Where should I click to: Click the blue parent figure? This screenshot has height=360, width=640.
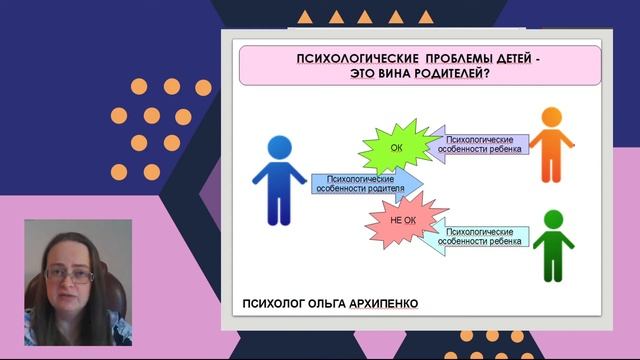pos(279,185)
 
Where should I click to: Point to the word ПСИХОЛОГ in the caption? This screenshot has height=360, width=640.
pos(269,303)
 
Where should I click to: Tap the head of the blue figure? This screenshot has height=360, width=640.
pos(279,147)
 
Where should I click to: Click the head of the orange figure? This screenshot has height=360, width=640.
pos(549,117)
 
